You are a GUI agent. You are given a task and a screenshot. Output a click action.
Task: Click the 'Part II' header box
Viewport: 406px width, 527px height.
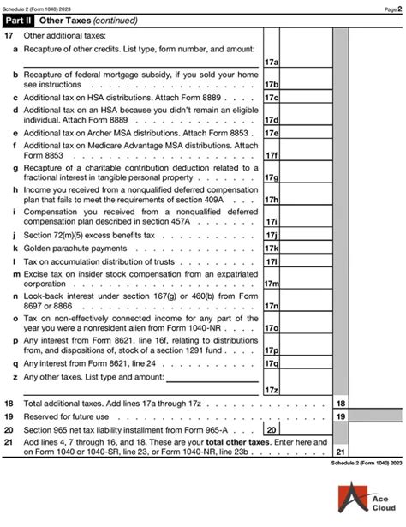[x=19, y=21]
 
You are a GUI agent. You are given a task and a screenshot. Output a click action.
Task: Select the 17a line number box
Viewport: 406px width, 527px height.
[x=272, y=62]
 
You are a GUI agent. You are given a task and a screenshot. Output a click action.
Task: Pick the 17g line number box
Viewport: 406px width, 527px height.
[x=272, y=177]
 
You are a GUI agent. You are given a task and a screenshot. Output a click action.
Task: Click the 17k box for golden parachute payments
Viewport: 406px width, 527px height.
[x=272, y=248]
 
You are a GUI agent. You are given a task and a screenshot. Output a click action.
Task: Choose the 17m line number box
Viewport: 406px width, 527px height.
[x=272, y=284]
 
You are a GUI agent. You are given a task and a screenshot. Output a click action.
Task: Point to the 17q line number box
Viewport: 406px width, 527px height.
[x=272, y=362]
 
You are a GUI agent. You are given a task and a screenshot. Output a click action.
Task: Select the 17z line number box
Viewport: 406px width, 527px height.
[x=272, y=389]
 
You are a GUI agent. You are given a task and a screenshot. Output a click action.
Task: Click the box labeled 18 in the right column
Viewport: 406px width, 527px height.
[x=340, y=403]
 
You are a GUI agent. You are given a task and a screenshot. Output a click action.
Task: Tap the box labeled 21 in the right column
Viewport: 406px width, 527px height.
[x=340, y=451]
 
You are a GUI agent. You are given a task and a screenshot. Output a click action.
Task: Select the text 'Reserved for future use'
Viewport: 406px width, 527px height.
[x=66, y=416]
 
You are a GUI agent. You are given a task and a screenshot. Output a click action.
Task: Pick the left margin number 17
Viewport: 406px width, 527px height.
[x=9, y=36]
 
